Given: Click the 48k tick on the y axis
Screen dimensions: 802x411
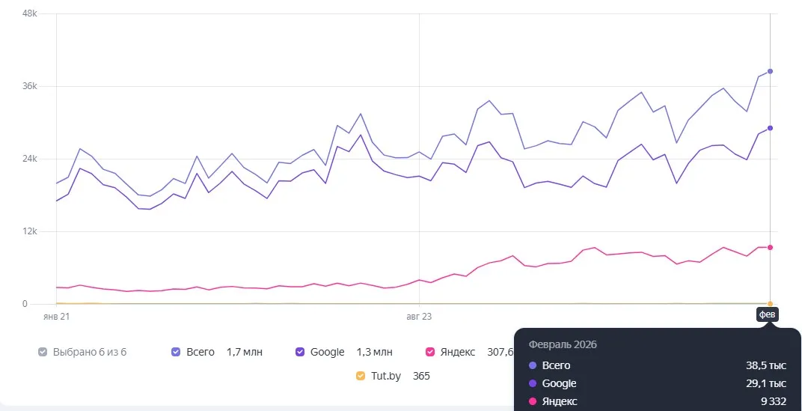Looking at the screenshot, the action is pos(30,13).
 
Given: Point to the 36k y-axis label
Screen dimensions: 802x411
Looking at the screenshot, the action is pos(30,86).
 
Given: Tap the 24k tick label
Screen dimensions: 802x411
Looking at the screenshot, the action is pos(30,159).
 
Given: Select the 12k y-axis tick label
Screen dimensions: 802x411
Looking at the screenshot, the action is pos(30,231).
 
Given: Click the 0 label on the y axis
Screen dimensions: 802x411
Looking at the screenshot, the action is pos(25,304).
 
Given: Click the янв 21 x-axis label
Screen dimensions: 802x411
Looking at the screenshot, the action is pos(56,317).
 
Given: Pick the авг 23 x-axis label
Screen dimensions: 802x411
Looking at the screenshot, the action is pos(419,317).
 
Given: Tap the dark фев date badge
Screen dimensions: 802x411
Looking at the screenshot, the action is pos(768,314).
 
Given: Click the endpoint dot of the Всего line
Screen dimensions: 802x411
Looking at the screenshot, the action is pos(770,71).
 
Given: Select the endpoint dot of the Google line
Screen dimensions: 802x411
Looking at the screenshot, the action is pos(770,128).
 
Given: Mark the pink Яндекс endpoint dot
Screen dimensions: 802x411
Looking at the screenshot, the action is pos(770,247).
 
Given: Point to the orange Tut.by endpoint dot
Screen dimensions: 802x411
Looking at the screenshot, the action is pos(770,304).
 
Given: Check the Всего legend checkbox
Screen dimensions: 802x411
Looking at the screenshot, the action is pos(176,352).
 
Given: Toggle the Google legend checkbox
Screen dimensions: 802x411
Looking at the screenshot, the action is pos(300,352).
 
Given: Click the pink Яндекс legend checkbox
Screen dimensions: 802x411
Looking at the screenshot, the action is pos(430,352).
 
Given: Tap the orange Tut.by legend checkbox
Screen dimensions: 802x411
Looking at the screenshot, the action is pos(361,376).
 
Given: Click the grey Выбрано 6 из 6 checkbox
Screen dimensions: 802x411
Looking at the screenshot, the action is pos(43,352).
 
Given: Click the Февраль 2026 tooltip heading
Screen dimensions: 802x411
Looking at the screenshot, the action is pos(563,344).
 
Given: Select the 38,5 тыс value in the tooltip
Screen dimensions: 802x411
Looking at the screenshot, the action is pos(766,365).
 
